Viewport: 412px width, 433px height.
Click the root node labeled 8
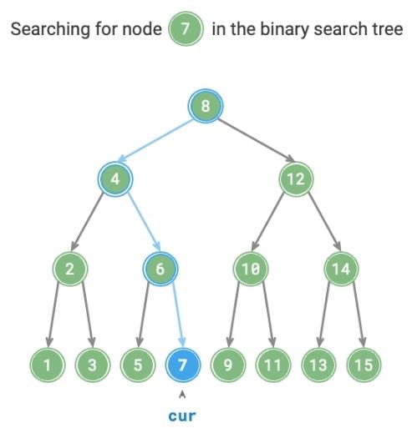[x=206, y=106]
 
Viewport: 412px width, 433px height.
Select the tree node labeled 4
[x=115, y=179]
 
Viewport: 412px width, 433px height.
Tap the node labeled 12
[x=296, y=179]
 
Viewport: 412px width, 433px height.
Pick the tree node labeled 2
[x=70, y=269]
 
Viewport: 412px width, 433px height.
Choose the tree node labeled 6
[x=160, y=269]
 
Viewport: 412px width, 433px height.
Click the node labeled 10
[x=251, y=269]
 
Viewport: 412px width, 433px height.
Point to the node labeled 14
[x=341, y=269]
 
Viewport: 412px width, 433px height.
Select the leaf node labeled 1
[x=48, y=365]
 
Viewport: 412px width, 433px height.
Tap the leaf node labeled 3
[x=93, y=365]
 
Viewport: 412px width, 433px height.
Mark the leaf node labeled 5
[x=138, y=365]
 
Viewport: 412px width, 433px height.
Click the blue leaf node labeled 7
[x=183, y=365]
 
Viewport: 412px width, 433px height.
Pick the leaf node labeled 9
[x=228, y=365]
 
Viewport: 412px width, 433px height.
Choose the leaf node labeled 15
[x=364, y=365]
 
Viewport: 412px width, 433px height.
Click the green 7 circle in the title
[x=186, y=28]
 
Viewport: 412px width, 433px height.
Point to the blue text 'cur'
[x=182, y=416]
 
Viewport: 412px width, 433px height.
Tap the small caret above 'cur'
[x=182, y=395]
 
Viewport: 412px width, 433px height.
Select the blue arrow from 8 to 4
[x=155, y=141]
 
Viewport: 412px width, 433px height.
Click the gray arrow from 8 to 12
[x=257, y=141]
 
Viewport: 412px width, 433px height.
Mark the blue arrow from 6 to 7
[x=178, y=315]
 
